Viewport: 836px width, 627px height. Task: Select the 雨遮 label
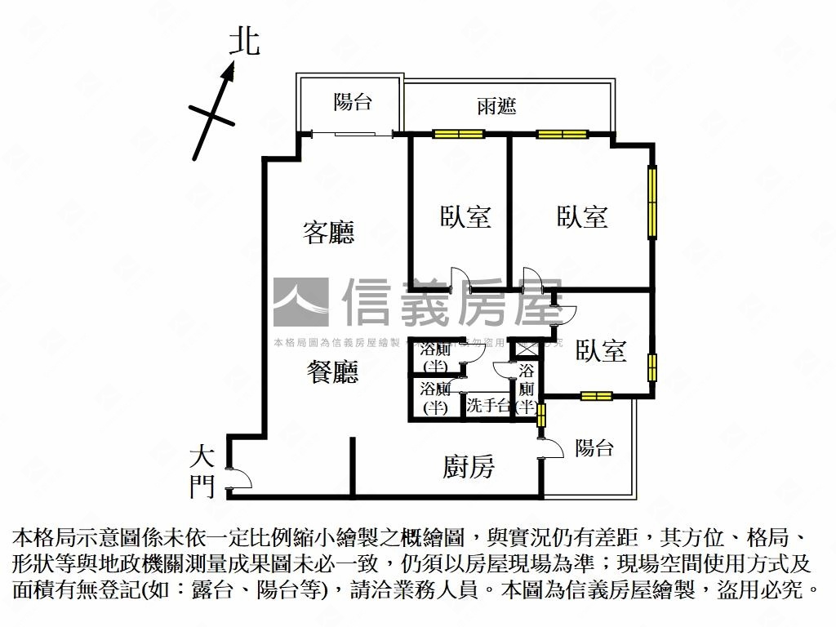(496, 106)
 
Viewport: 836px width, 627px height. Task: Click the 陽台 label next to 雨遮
(353, 102)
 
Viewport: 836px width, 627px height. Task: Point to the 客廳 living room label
(328, 233)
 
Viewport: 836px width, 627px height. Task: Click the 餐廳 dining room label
(332, 373)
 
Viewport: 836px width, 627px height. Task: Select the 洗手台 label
(488, 406)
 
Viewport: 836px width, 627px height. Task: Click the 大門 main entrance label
(202, 472)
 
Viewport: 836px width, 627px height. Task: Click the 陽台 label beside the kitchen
(594, 447)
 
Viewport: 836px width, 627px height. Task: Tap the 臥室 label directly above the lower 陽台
(601, 351)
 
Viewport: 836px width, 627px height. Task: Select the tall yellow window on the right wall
(651, 202)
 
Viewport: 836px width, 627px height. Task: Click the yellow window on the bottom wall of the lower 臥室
(596, 397)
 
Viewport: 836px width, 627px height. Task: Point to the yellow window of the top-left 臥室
(458, 135)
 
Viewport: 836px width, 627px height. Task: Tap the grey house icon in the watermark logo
(300, 302)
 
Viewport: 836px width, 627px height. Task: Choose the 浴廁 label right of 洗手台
(527, 389)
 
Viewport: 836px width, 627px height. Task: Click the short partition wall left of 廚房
(353, 465)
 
